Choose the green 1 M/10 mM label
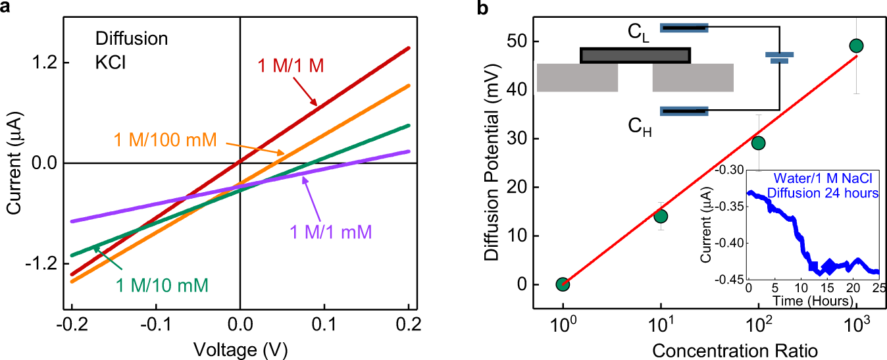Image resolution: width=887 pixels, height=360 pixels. pyautogui.click(x=163, y=285)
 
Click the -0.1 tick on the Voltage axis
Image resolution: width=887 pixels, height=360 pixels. pyautogui.click(x=155, y=324)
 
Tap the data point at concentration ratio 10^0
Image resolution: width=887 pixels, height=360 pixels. pyautogui.click(x=563, y=284)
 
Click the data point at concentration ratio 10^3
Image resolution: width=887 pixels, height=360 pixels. pyautogui.click(x=856, y=45)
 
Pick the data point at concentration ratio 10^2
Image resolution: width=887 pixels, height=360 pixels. pyautogui.click(x=758, y=143)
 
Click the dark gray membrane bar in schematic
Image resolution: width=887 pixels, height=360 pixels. pyautogui.click(x=635, y=55)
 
